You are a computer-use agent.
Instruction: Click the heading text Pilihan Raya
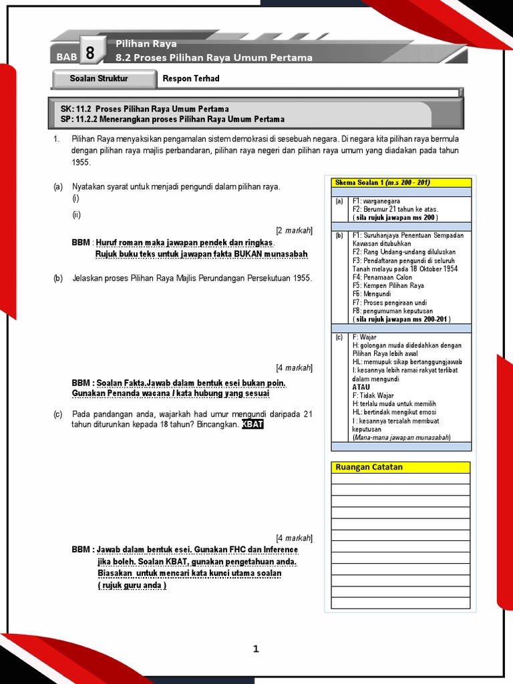[x=146, y=44]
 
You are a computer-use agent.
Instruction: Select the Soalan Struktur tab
[x=99, y=79]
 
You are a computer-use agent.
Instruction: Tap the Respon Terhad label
[x=191, y=79]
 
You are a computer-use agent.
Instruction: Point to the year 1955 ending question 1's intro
[x=81, y=162]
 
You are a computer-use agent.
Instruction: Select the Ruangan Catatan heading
[x=369, y=467]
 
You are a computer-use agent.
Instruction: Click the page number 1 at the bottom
[x=256, y=649]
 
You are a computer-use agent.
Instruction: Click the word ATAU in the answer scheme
[x=361, y=387]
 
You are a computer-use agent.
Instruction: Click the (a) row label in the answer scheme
[x=339, y=201]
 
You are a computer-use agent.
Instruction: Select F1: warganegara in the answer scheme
[x=376, y=201]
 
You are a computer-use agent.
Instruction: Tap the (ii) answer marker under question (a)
[x=76, y=215]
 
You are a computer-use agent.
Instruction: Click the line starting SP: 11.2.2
[x=172, y=119]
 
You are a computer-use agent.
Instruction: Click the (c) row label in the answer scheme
[x=339, y=337]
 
